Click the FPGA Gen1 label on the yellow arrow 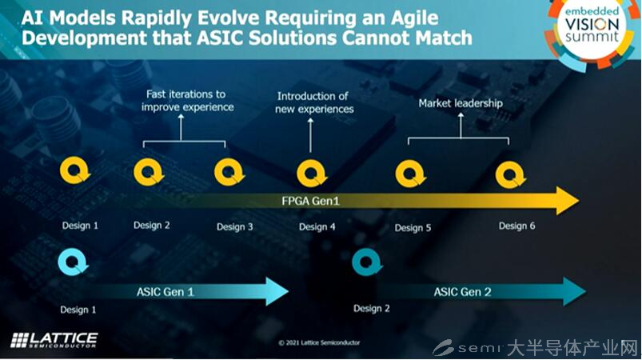tap(310, 201)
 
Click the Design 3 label tap(234, 227)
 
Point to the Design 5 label tap(413, 228)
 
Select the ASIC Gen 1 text tap(165, 292)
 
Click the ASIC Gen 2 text tap(462, 292)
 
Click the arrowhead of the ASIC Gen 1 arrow tap(277, 291)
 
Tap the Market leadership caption tap(461, 103)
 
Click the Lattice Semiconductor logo tap(54, 340)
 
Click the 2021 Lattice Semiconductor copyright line tap(319, 342)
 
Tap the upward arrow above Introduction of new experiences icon tap(310, 135)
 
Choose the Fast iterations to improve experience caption tap(188, 101)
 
